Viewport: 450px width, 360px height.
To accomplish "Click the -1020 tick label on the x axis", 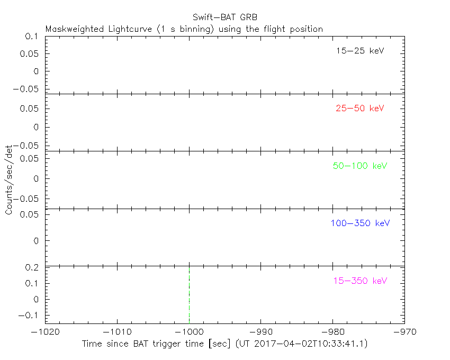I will pos(45,332).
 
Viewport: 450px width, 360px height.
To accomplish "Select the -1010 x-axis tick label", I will pos(117,332).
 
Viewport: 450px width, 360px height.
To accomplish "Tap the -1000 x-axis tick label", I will pos(189,332).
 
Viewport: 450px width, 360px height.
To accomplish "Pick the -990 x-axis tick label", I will pos(261,332).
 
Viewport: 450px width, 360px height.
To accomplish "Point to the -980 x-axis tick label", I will pos(332,332).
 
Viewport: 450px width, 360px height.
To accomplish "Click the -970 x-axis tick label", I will pos(404,332).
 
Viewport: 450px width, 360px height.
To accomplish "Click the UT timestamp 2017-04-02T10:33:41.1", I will pos(310,344).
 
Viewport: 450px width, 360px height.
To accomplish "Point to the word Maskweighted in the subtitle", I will pos(74,29).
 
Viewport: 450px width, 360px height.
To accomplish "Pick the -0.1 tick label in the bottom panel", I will pos(29,315).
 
